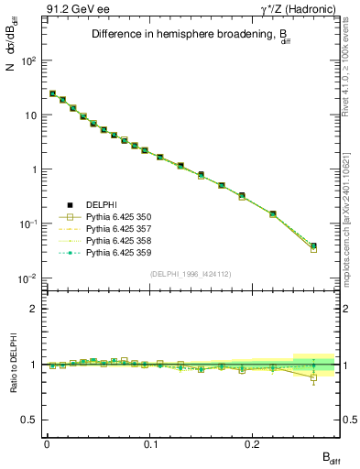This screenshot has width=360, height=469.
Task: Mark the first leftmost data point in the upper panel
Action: click(52, 93)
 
